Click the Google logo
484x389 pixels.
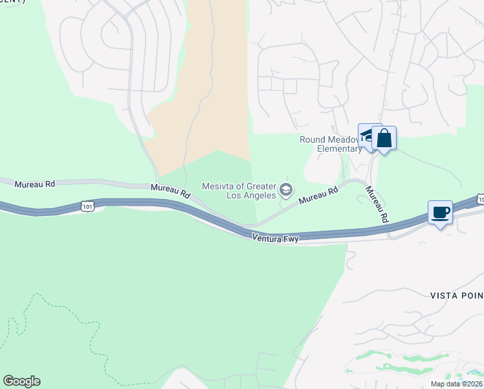[x=21, y=381]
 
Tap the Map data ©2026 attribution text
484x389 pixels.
[x=456, y=384]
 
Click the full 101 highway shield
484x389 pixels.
[x=88, y=206]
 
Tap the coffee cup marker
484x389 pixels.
[x=440, y=212]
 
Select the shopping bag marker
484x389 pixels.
[x=384, y=138]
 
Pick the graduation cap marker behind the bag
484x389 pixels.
[x=366, y=135]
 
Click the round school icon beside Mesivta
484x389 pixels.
[x=286, y=191]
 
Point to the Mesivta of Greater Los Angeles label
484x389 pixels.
[x=239, y=191]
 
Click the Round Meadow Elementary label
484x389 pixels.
[x=330, y=144]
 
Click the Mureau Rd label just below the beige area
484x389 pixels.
[x=170, y=190]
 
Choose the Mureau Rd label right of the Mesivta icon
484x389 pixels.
[x=319, y=196]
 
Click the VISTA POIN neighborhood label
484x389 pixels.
[x=456, y=295]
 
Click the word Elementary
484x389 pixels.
[x=339, y=148]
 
